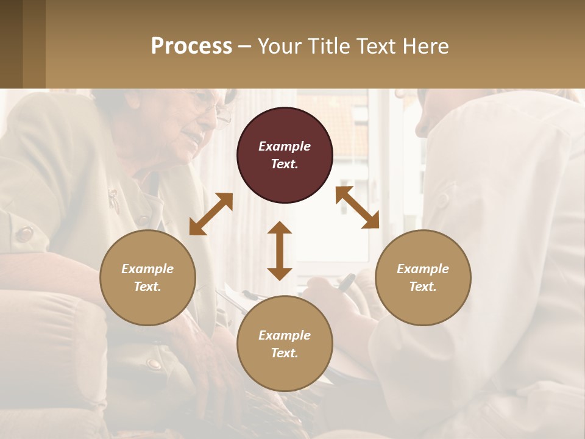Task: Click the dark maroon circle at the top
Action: point(285,155)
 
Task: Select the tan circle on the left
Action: point(147,277)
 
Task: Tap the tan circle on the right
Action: point(423,277)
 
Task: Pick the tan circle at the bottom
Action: point(285,344)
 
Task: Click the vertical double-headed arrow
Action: point(280,251)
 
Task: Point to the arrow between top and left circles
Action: point(211,214)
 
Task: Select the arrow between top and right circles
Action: point(358,207)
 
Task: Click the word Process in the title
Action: point(191,46)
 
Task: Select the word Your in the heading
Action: point(280,46)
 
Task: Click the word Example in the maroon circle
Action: point(285,146)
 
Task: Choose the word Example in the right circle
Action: point(423,269)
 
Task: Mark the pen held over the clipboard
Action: point(346,282)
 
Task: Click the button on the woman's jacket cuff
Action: point(24,234)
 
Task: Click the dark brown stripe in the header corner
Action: point(11,44)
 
